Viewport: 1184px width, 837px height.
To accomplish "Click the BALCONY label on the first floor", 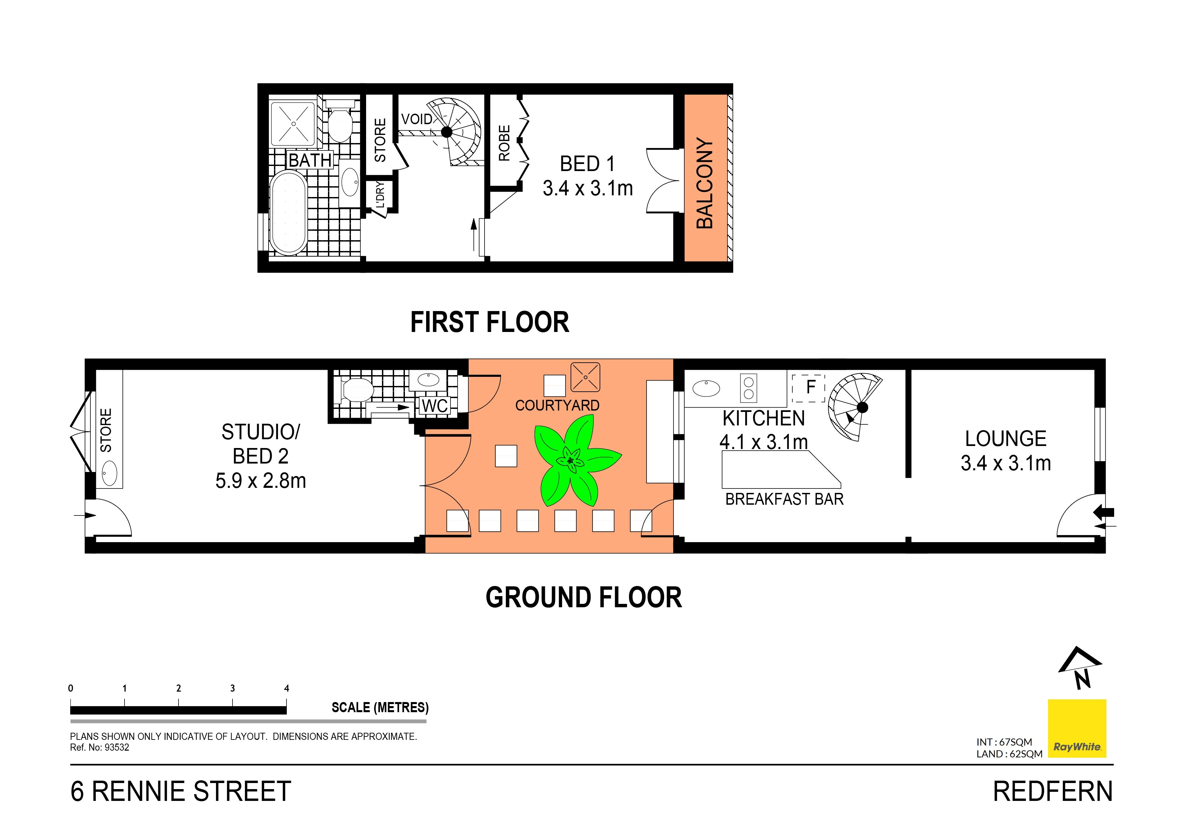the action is (705, 183).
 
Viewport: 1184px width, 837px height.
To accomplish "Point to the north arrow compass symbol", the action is (1081, 668).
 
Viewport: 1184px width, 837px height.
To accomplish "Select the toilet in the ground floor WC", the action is (357, 390).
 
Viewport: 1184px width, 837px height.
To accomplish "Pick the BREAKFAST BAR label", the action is (784, 499).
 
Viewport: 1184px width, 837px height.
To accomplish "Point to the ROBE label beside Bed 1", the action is (504, 143).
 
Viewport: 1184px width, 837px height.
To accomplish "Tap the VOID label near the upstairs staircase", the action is (417, 119).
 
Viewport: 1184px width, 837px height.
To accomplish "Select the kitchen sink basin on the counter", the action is (706, 388).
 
